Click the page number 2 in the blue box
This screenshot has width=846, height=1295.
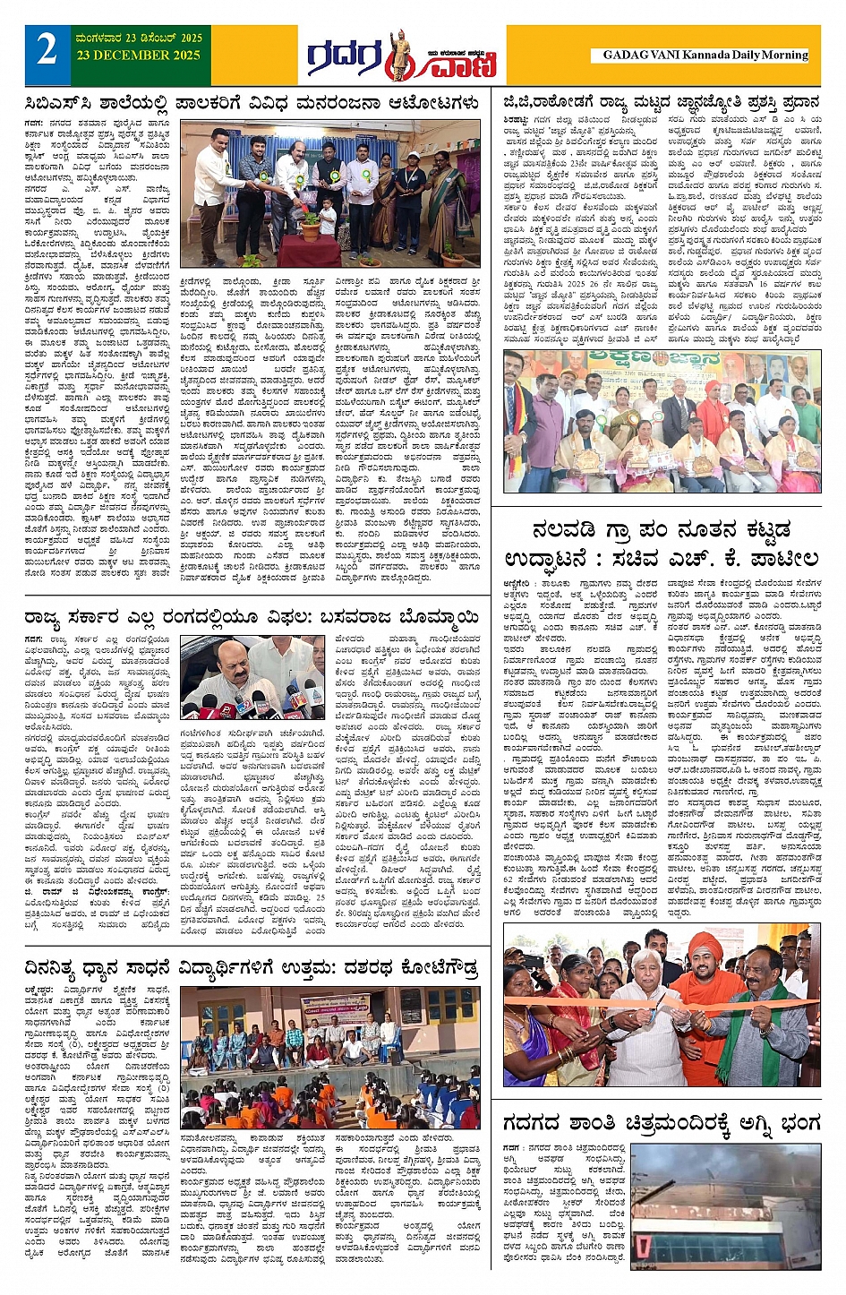[x=47, y=50]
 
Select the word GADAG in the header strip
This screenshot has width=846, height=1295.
[x=625, y=55]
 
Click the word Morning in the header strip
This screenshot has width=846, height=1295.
[x=784, y=55]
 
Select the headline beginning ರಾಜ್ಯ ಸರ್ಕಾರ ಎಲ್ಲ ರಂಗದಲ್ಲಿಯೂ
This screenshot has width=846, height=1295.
[x=252, y=617]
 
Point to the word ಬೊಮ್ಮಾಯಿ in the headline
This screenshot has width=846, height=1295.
[x=428, y=617]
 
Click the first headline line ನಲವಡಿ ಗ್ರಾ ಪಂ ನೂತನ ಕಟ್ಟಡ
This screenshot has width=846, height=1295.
[x=661, y=530]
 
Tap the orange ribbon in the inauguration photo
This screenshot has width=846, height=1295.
[x=662, y=1005]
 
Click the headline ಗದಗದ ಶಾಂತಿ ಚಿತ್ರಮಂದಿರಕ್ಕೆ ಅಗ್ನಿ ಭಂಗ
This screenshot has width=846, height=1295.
[x=661, y=1122]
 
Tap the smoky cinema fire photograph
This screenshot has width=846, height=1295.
[x=725, y=1205]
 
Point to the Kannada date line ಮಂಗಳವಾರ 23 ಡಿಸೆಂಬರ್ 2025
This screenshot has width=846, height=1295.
[x=139, y=39]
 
